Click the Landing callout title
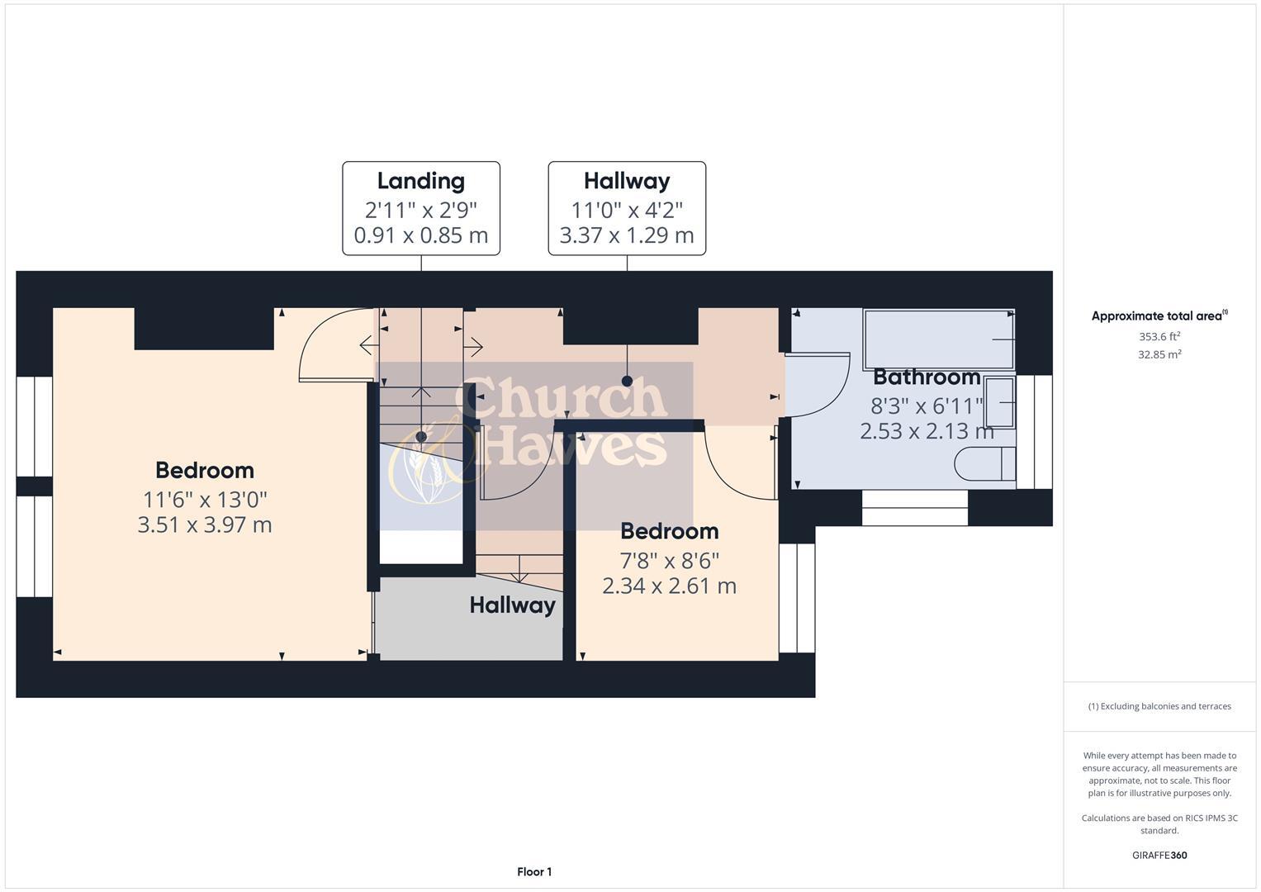click(x=421, y=181)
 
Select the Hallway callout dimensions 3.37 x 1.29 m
click(x=627, y=235)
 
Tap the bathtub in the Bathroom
click(x=939, y=339)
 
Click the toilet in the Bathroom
click(x=984, y=463)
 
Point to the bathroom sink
click(x=999, y=402)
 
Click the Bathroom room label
click(x=927, y=377)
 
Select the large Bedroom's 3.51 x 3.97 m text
click(x=205, y=524)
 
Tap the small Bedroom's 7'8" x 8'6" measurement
click(x=670, y=561)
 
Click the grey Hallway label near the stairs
click(x=512, y=605)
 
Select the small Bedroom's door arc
click(x=739, y=467)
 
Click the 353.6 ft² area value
click(x=1159, y=336)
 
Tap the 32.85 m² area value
click(x=1159, y=354)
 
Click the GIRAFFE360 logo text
click(x=1159, y=855)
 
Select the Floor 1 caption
click(x=534, y=871)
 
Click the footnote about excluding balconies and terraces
click(x=1159, y=706)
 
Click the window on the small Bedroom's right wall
click(x=797, y=598)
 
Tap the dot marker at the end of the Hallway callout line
click(x=627, y=381)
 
